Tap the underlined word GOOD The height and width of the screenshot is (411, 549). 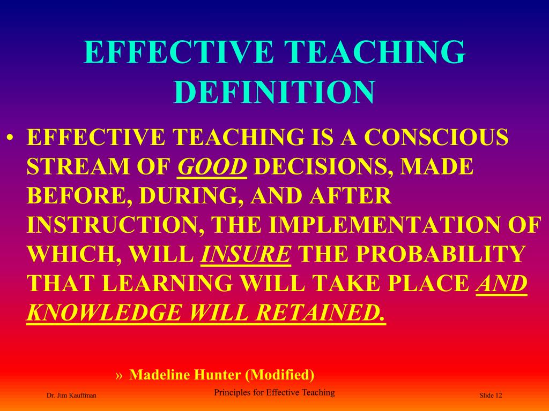click(x=212, y=168)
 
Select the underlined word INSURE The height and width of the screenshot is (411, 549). click(x=246, y=254)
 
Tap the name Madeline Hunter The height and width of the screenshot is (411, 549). click(x=185, y=374)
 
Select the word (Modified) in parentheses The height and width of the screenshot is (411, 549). click(x=279, y=374)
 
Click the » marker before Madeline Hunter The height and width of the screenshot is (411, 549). click(x=120, y=375)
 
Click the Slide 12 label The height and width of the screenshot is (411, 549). click(x=491, y=395)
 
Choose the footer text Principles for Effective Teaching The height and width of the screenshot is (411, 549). click(x=274, y=392)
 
